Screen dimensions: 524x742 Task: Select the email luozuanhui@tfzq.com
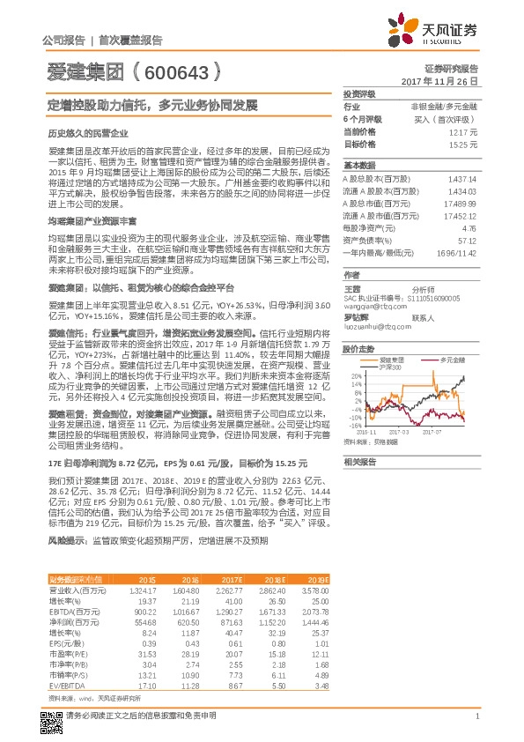[x=368, y=325]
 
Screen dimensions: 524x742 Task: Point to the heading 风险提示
[x=66, y=538]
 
